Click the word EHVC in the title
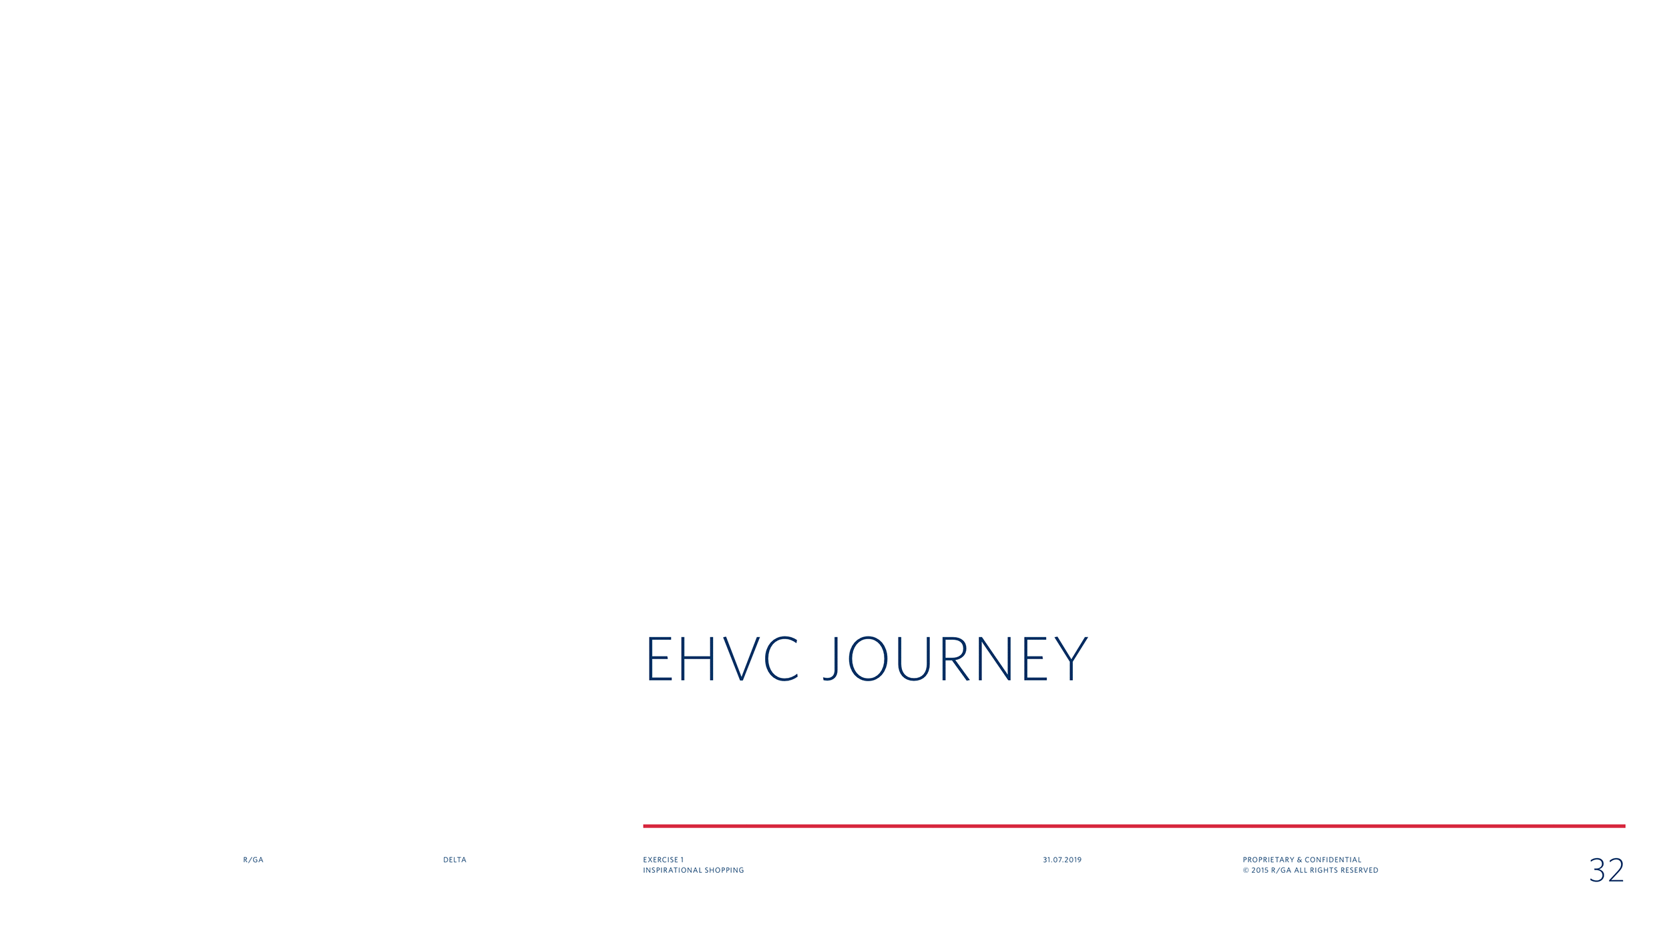[x=722, y=659]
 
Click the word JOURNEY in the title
[x=955, y=659]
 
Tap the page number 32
[x=1606, y=870]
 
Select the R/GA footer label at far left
[x=253, y=860]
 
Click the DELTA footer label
[x=455, y=860]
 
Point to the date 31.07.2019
[x=1062, y=860]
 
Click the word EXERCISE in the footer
[x=660, y=860]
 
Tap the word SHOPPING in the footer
[x=724, y=870]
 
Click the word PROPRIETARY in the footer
[x=1268, y=860]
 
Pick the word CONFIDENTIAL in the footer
[x=1333, y=860]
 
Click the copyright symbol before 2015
[x=1246, y=870]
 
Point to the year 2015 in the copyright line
[x=1260, y=870]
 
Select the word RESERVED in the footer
[x=1359, y=870]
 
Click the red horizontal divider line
[x=1134, y=826]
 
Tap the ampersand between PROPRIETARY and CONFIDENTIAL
[x=1299, y=860]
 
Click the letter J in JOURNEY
[x=830, y=659]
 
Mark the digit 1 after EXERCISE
[x=682, y=860]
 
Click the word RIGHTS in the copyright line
[x=1325, y=870]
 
